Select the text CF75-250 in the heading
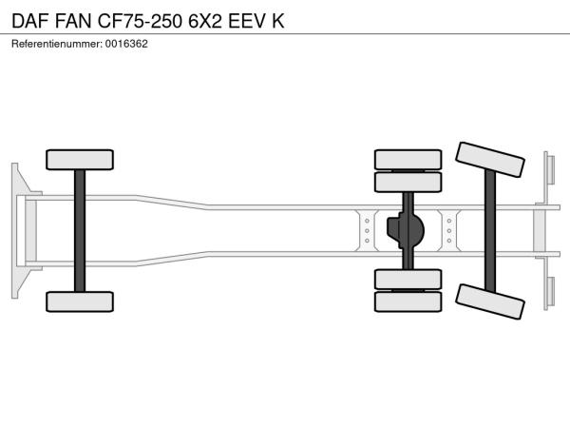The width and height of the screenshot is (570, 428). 140,21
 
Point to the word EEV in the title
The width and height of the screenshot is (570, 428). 247,21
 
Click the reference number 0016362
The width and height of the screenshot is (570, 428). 126,44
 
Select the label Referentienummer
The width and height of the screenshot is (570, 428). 57,44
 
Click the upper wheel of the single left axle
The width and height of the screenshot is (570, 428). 80,160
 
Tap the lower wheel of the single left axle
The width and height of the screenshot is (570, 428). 80,302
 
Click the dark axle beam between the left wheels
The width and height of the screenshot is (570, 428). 80,231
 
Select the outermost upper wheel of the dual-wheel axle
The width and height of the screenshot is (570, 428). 408,160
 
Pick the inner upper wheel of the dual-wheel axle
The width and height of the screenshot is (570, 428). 408,183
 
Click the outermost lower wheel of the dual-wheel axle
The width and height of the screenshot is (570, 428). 408,302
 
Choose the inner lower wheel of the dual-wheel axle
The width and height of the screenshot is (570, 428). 408,280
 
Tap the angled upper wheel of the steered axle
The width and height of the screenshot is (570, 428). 490,160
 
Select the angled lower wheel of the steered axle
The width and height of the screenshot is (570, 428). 490,302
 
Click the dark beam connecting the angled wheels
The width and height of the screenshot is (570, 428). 490,231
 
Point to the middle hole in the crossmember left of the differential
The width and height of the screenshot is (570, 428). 367,231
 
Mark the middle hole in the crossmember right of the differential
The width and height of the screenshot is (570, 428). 449,231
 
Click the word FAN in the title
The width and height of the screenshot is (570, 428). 73,21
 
